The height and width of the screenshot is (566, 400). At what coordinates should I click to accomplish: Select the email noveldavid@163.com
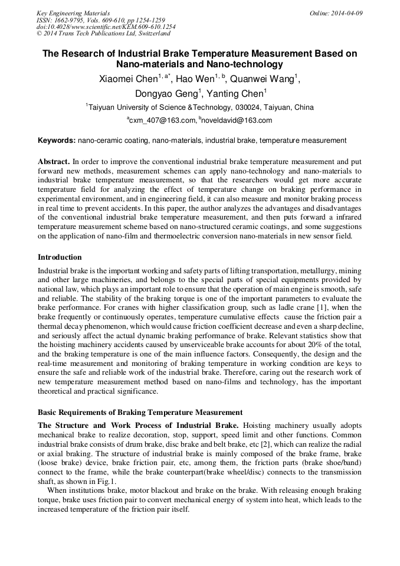click(x=237, y=120)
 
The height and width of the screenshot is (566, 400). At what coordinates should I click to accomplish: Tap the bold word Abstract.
click(x=53, y=161)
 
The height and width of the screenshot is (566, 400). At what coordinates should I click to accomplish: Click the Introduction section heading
click(x=60, y=257)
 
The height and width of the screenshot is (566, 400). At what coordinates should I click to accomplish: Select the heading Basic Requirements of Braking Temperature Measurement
click(x=140, y=412)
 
